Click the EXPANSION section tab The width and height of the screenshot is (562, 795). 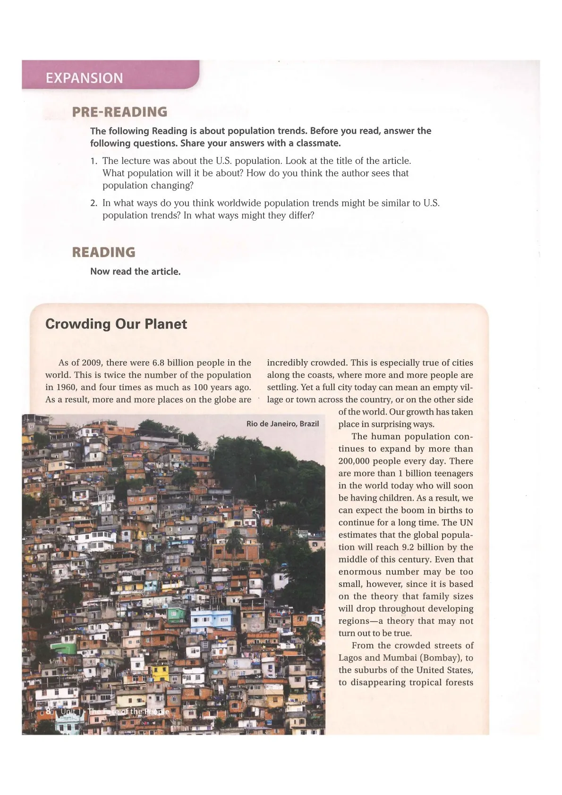point(84,78)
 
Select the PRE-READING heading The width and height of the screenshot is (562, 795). point(119,112)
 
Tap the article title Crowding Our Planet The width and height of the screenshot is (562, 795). point(116,324)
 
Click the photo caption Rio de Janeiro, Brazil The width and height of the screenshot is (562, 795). point(282,423)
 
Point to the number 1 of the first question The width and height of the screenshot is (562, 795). point(94,161)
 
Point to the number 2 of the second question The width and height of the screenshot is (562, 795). point(94,203)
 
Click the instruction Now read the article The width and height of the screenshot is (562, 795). point(135,271)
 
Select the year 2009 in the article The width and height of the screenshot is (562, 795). point(92,363)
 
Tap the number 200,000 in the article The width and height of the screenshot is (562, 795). point(358,461)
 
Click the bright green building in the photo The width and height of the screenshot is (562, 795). point(63,648)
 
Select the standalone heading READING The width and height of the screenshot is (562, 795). point(103,252)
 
